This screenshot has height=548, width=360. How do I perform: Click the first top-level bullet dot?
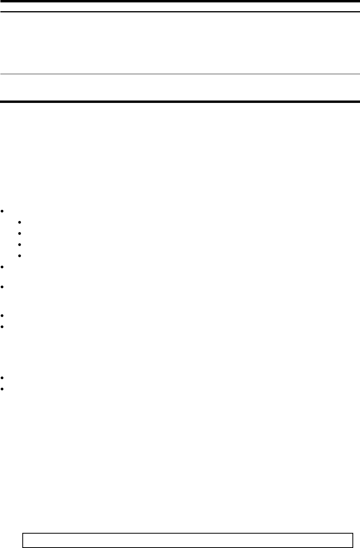2,211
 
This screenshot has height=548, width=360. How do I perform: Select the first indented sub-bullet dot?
20,222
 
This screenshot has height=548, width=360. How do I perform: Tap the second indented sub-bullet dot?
20,233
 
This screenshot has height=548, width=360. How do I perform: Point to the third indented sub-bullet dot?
20,244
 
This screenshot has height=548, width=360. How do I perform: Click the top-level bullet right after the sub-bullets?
2,266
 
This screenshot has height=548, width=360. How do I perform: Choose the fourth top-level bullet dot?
2,316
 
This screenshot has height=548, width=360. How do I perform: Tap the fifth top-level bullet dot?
2,327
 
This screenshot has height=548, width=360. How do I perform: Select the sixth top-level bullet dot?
2,377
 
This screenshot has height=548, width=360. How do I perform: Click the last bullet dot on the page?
2,388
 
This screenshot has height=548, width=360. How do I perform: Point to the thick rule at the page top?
180,2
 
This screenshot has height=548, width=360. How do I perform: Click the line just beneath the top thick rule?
180,12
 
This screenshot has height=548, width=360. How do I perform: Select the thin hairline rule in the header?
180,74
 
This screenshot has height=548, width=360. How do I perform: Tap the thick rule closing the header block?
180,102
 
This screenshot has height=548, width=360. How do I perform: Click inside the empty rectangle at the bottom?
188,540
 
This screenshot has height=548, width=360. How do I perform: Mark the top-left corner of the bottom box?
23,533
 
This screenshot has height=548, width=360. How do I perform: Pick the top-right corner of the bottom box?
353,533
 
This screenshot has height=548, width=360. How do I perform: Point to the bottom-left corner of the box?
23,547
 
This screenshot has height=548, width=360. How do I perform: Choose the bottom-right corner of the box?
353,547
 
